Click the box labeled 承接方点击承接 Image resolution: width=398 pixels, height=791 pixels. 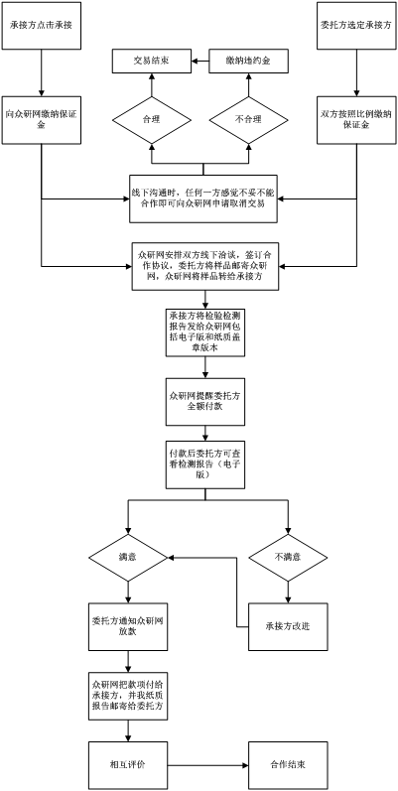[42, 26]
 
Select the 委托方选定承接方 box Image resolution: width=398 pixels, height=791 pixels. [356, 26]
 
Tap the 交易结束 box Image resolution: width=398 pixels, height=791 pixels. [151, 62]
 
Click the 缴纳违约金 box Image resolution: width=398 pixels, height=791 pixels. [249, 62]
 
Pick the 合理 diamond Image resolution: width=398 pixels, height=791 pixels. [151, 120]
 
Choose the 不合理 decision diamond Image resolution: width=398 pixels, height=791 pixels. [249, 120]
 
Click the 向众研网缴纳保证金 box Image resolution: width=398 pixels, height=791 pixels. [42, 120]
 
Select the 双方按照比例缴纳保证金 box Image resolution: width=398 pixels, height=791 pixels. [356, 120]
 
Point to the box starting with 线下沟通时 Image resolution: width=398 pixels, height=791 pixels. [203, 198]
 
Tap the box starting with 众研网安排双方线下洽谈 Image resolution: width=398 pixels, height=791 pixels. [205, 266]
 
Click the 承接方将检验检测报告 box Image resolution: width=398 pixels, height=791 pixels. [203, 332]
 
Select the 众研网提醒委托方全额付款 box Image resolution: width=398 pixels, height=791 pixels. [203, 402]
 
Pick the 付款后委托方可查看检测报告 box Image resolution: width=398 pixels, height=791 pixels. [203, 465]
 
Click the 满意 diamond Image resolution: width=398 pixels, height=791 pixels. [128, 558]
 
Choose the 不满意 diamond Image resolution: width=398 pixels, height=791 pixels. [288, 558]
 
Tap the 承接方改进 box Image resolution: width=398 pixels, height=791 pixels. [288, 626]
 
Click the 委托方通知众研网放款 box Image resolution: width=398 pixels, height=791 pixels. [128, 626]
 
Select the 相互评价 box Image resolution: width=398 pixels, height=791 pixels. [128, 765]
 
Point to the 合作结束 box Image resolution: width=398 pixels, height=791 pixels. [288, 765]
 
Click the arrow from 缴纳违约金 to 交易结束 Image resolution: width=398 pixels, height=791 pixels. [200, 62]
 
